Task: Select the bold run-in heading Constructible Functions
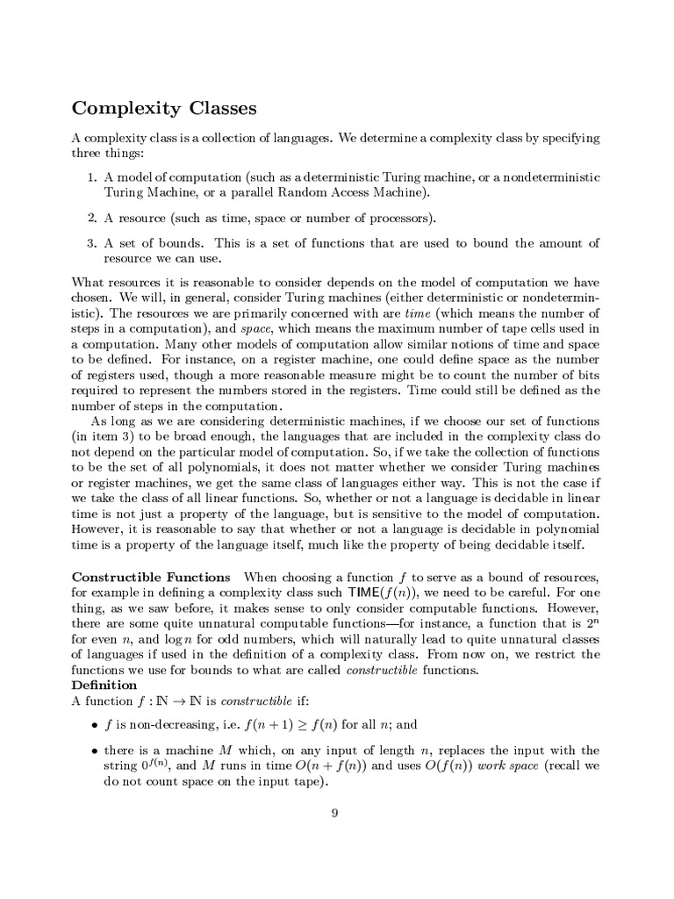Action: click(151, 577)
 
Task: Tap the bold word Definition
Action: click(104, 685)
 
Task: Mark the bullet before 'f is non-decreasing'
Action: click(94, 726)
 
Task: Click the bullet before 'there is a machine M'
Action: click(94, 752)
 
